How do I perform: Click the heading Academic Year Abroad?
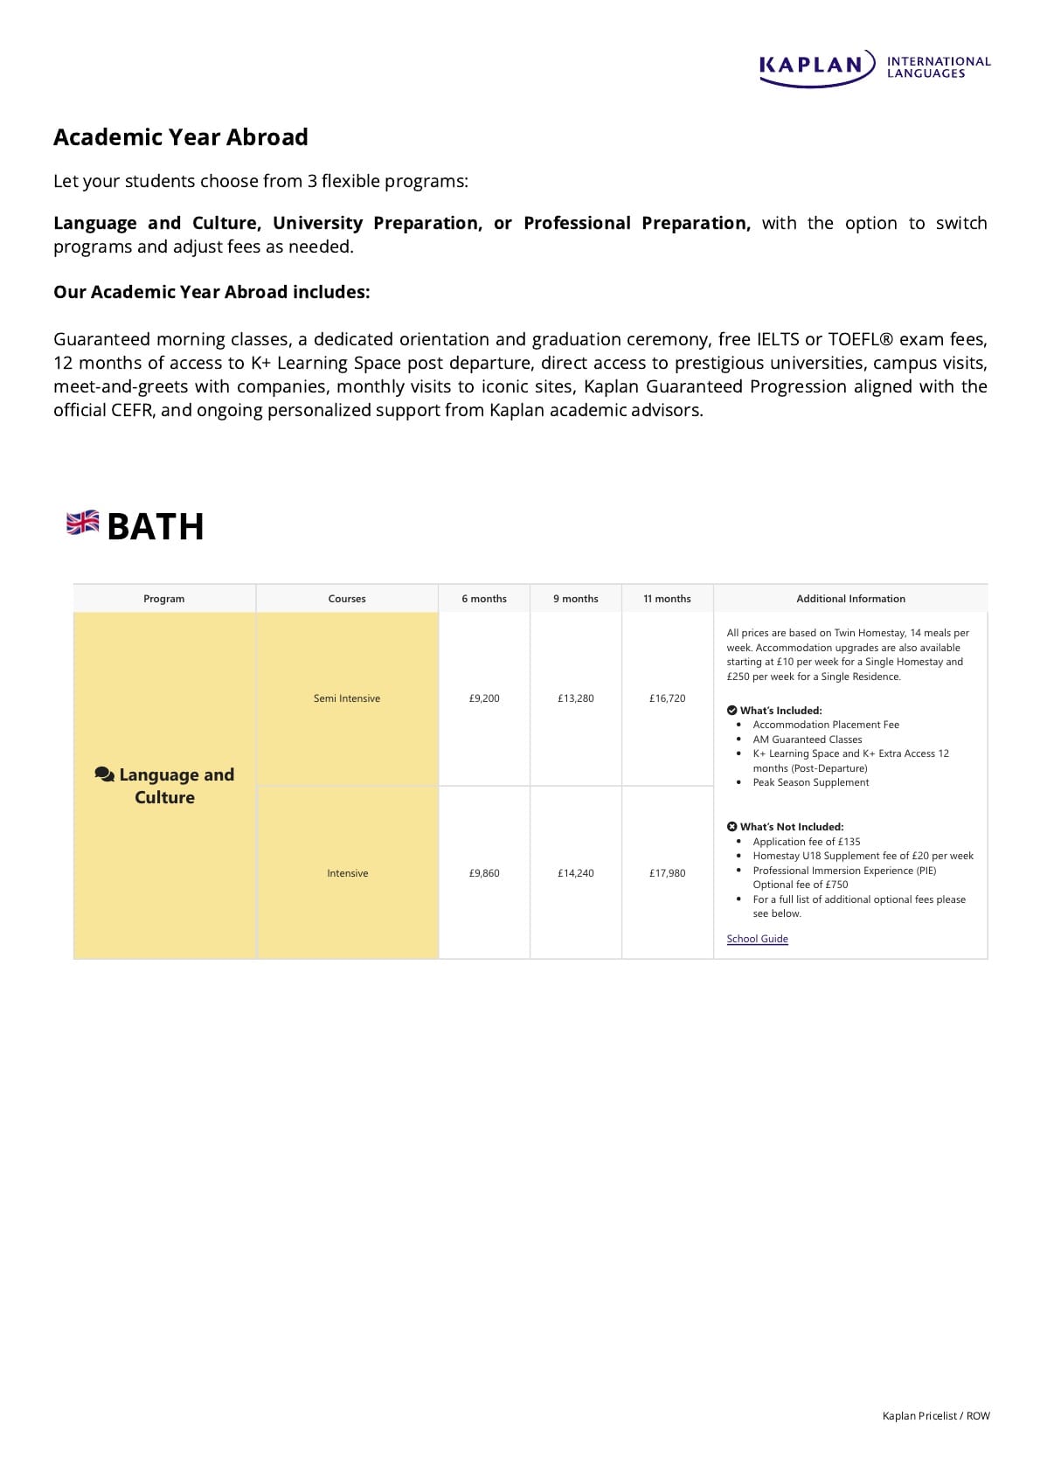[x=180, y=137]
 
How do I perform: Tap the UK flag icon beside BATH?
[x=83, y=523]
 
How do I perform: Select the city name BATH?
[x=156, y=527]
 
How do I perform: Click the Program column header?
[x=164, y=599]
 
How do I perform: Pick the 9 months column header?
[x=576, y=599]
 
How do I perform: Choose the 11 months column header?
[x=667, y=599]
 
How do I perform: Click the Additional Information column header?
[x=850, y=599]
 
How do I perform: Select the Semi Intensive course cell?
[x=347, y=698]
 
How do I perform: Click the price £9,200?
[x=484, y=698]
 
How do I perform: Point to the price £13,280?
[x=576, y=698]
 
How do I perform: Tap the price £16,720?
[x=667, y=698]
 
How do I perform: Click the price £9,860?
[x=484, y=873]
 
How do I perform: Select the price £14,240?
[x=576, y=873]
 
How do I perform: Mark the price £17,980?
[x=667, y=873]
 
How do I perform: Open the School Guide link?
[x=757, y=939]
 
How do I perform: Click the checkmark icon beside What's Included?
[x=732, y=711]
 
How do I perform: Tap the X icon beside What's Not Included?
[x=732, y=827]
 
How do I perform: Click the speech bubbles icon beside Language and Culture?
[x=104, y=774]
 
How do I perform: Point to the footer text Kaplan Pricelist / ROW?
[x=936, y=1416]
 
